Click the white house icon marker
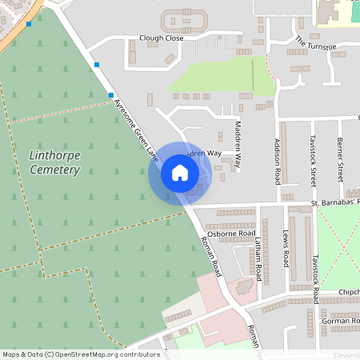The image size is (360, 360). coord(180,173)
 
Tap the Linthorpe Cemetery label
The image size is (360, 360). coord(54,162)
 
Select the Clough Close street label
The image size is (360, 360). coord(161,38)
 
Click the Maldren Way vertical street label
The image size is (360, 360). coord(238,143)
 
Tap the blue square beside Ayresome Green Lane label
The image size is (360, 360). coord(111,95)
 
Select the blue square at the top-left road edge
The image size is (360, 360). coord(29,24)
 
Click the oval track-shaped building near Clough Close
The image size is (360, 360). coord(183,21)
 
